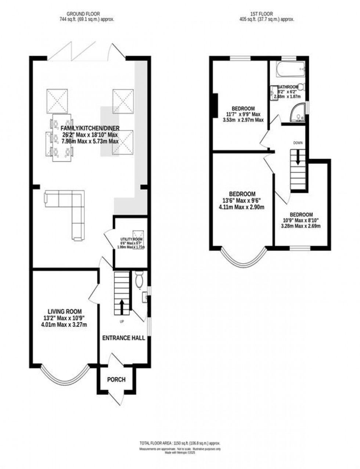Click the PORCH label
point(116,379)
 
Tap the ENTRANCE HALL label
point(123,338)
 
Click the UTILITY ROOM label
point(131,239)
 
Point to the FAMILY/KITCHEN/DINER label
point(89,128)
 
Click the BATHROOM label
point(288,87)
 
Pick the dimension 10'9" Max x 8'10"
point(300,220)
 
